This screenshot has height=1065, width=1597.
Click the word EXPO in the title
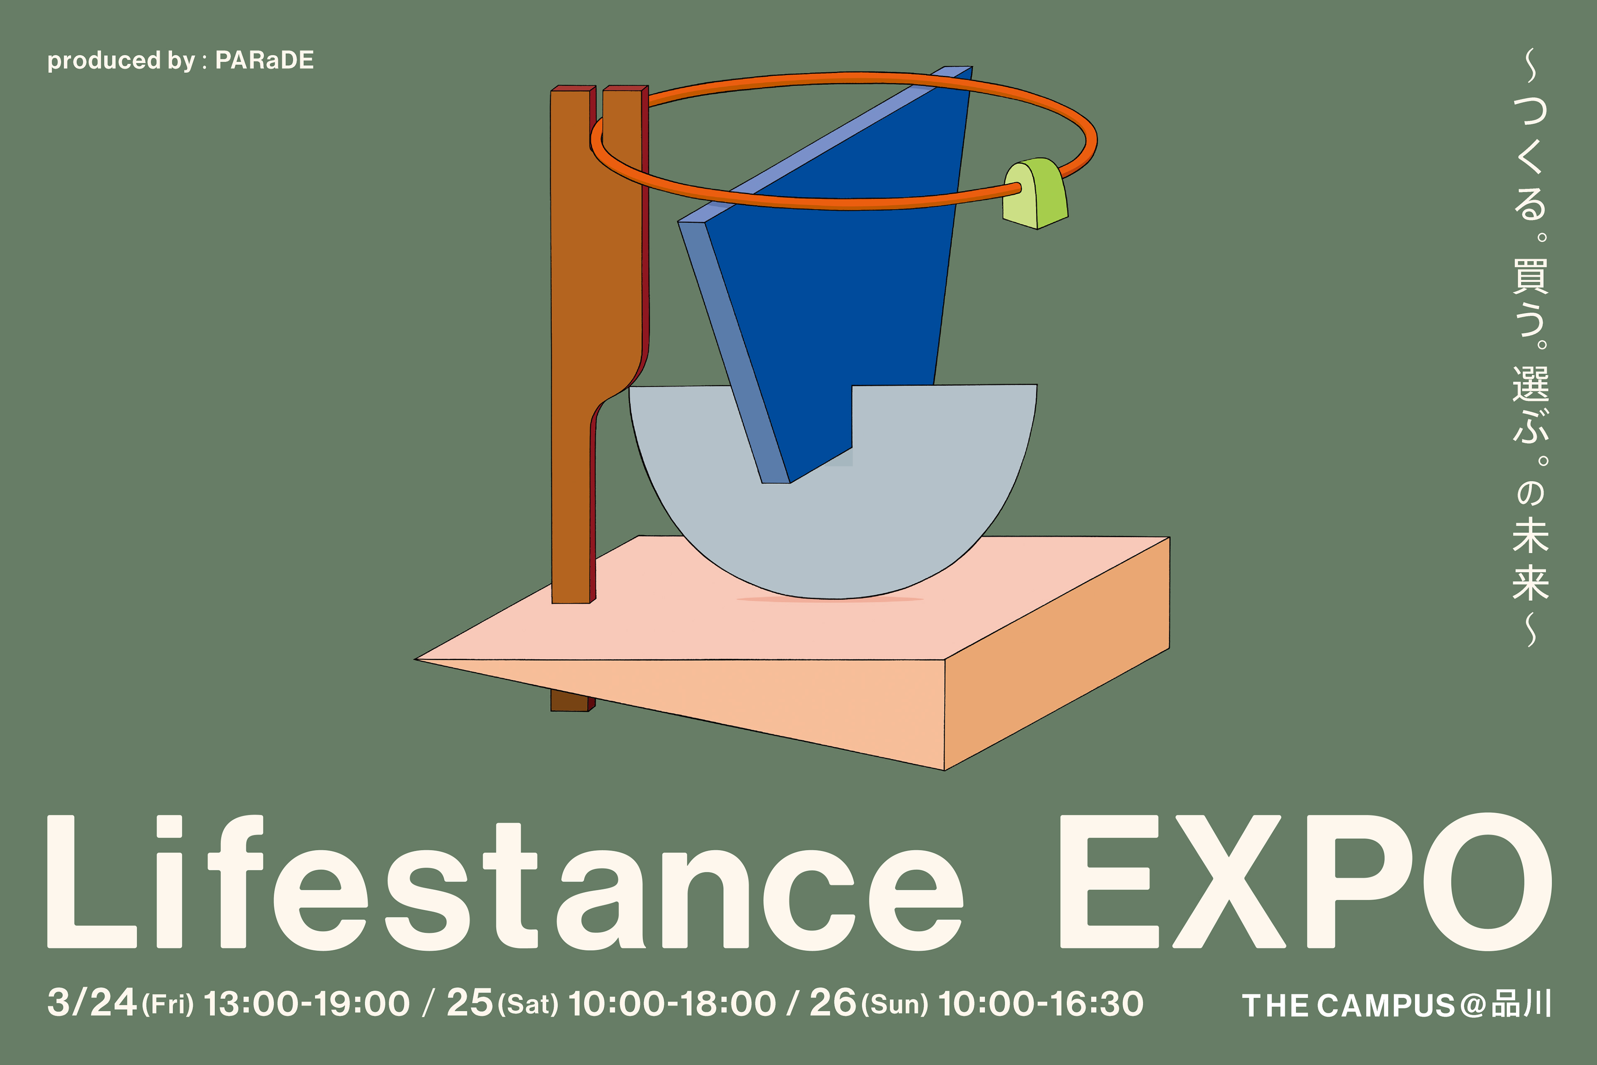click(1306, 882)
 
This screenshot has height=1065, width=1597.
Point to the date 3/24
click(92, 1003)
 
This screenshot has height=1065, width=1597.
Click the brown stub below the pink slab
click(570, 700)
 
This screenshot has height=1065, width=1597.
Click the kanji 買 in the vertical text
click(1530, 277)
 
